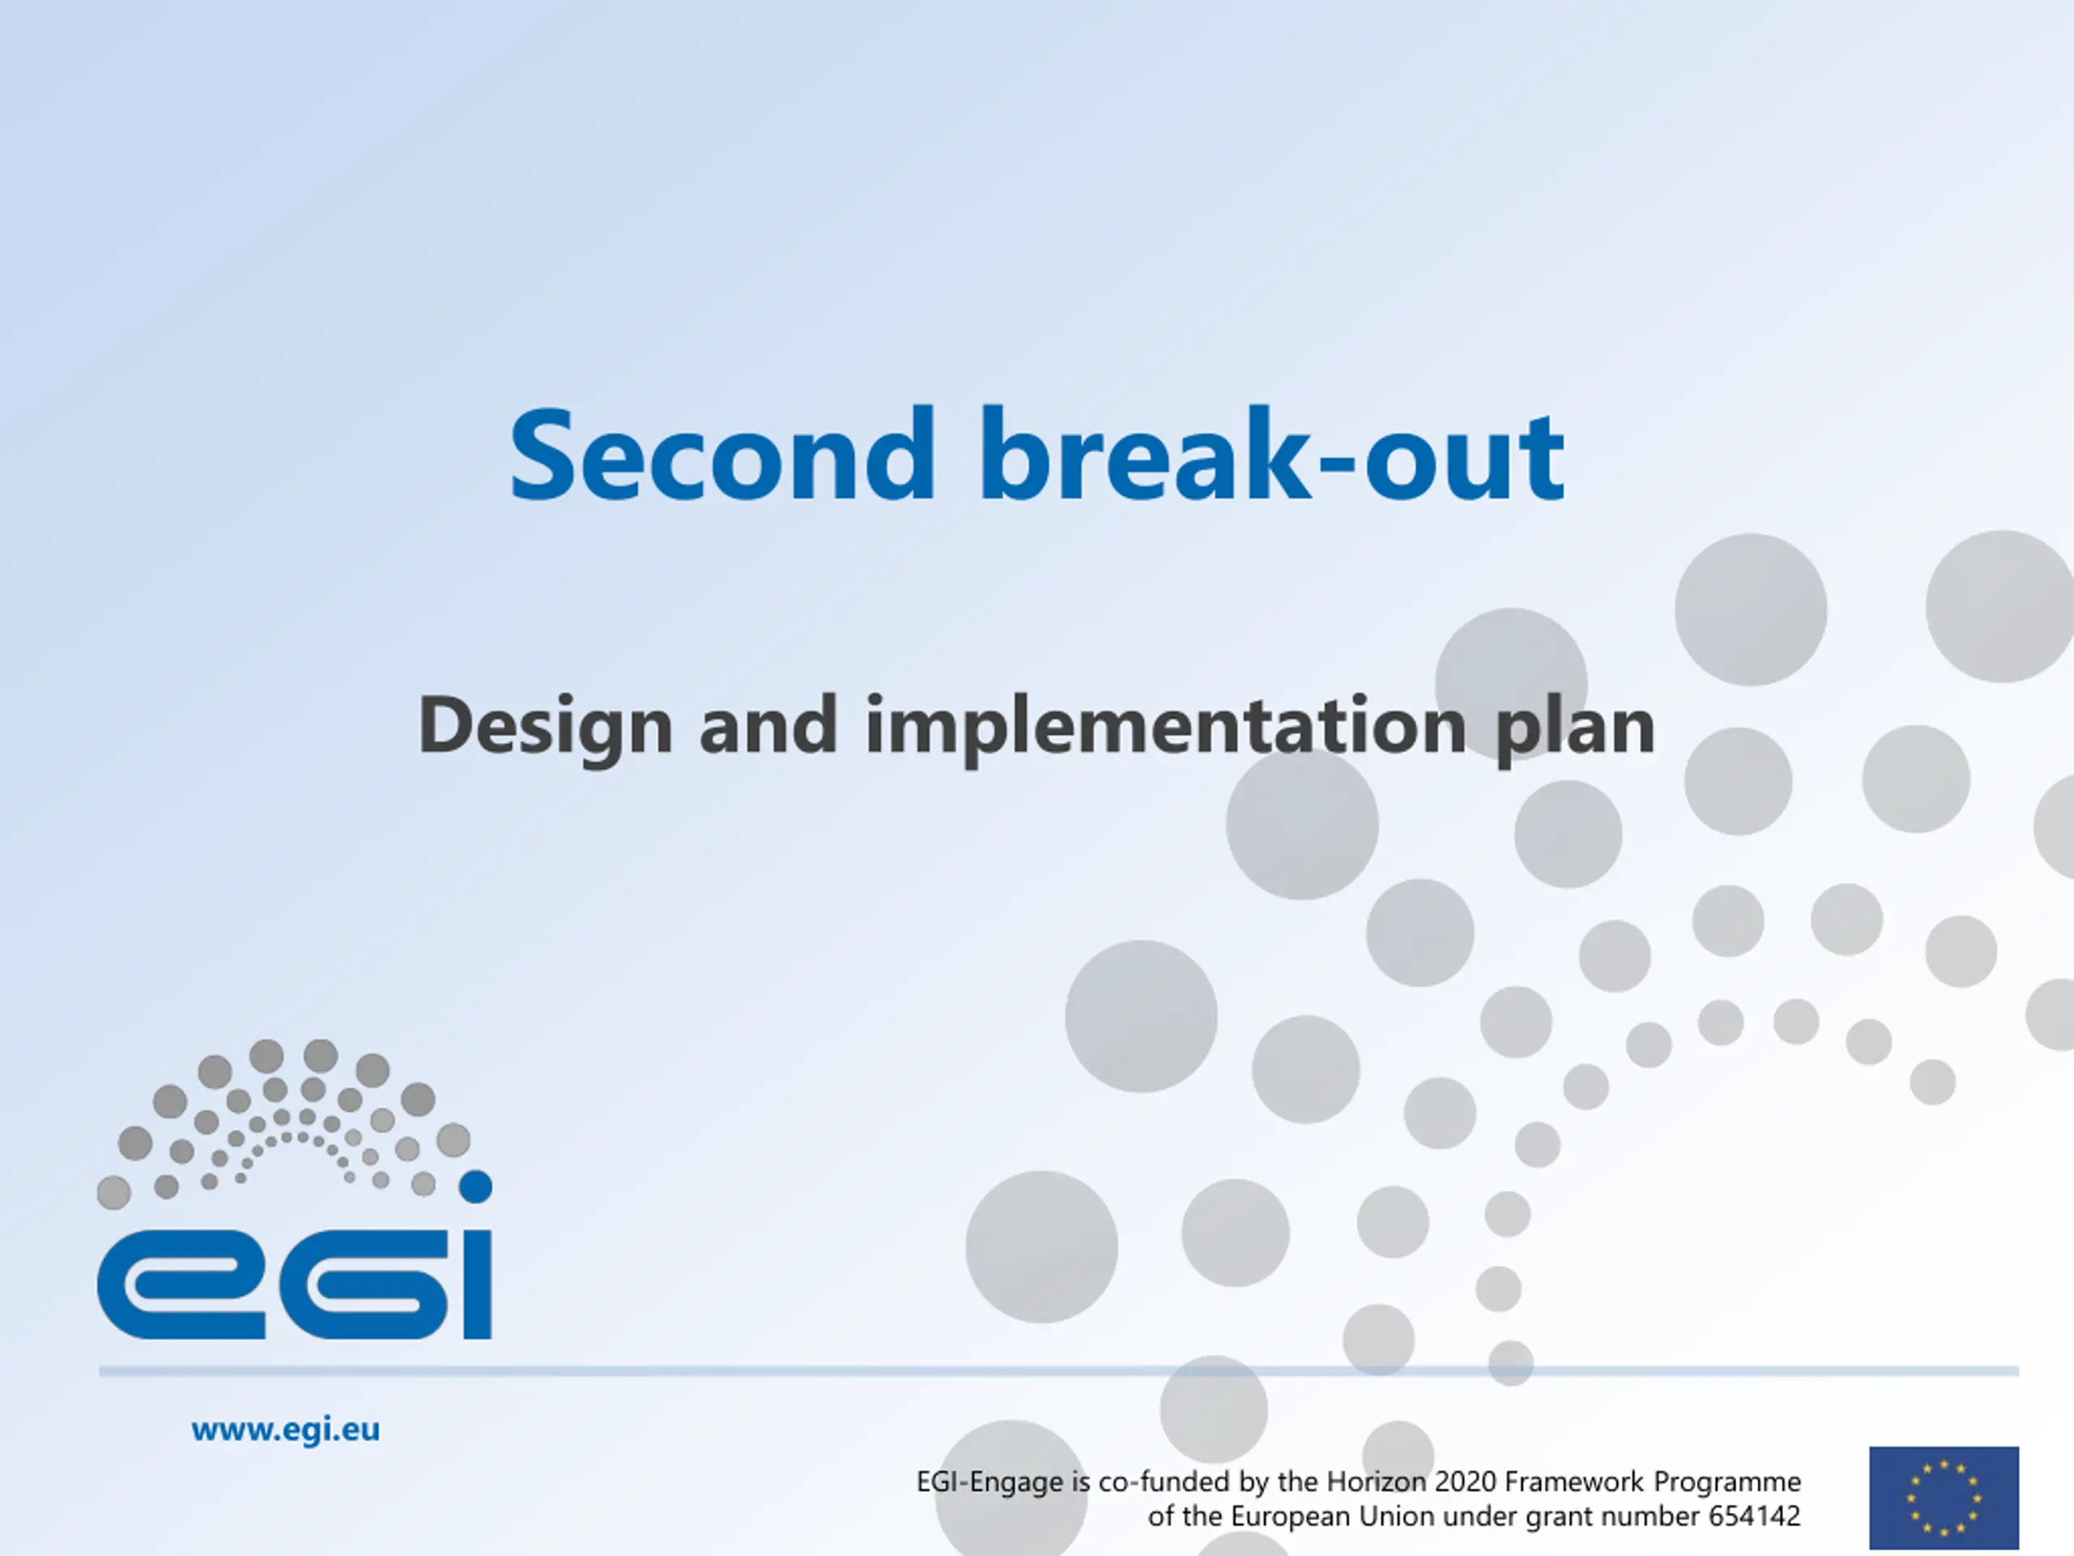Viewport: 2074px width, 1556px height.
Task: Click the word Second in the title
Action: (722, 455)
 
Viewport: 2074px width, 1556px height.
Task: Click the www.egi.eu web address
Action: (285, 1430)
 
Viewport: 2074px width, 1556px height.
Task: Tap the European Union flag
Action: (1944, 1498)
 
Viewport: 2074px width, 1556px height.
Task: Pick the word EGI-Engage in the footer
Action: (990, 1483)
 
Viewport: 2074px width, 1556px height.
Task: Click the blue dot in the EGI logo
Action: (476, 1186)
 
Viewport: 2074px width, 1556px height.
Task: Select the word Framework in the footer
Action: (1574, 1482)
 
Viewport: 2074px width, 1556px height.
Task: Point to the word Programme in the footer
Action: (1727, 1483)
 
